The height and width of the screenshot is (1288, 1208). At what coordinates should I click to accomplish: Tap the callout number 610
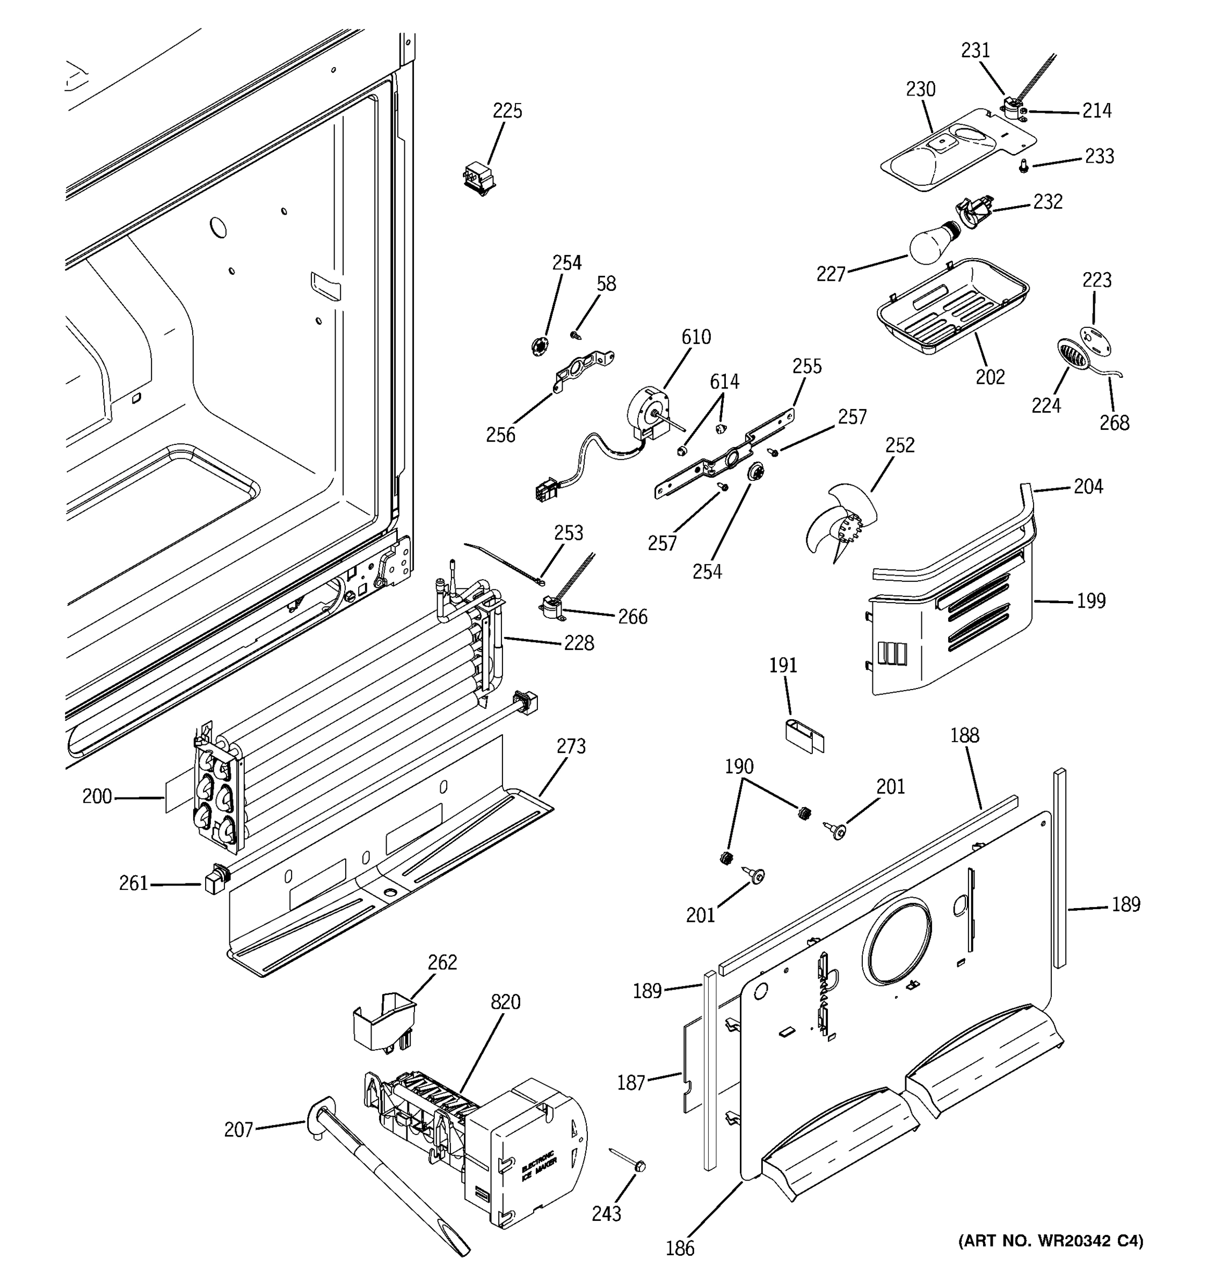coord(695,337)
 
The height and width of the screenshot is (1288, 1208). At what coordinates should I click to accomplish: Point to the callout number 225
coord(507,112)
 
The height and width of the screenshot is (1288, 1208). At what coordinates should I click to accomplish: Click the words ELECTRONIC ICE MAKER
coord(538,1170)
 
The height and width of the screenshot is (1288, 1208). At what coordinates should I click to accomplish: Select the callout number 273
coord(570,747)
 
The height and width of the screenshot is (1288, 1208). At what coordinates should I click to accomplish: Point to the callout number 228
coord(578,643)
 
